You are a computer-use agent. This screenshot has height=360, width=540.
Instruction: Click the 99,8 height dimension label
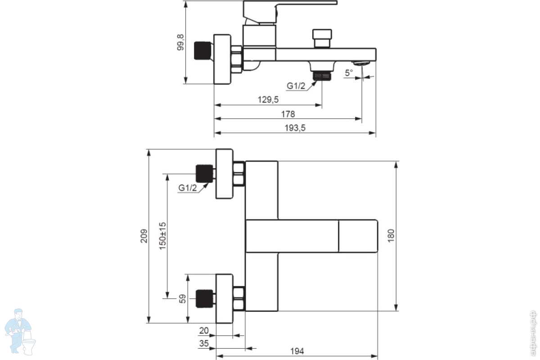[x=180, y=41]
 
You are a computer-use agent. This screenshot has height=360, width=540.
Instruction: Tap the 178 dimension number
[x=288, y=114]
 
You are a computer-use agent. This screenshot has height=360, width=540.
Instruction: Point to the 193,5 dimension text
[x=295, y=128]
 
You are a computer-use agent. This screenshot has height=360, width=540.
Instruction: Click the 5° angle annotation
[x=349, y=72]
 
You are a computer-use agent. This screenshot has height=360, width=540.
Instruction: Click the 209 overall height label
[x=144, y=236]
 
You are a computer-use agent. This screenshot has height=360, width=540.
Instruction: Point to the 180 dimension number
[x=391, y=236]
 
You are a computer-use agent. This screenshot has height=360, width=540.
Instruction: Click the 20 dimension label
[x=204, y=331]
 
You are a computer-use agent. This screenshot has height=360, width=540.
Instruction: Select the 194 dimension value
[x=297, y=351]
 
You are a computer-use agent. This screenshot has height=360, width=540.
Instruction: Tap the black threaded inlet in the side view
[x=203, y=51]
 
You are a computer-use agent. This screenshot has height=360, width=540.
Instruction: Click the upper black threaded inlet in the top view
[x=204, y=174]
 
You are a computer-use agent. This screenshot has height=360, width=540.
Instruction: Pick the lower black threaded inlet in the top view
[x=204, y=298]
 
